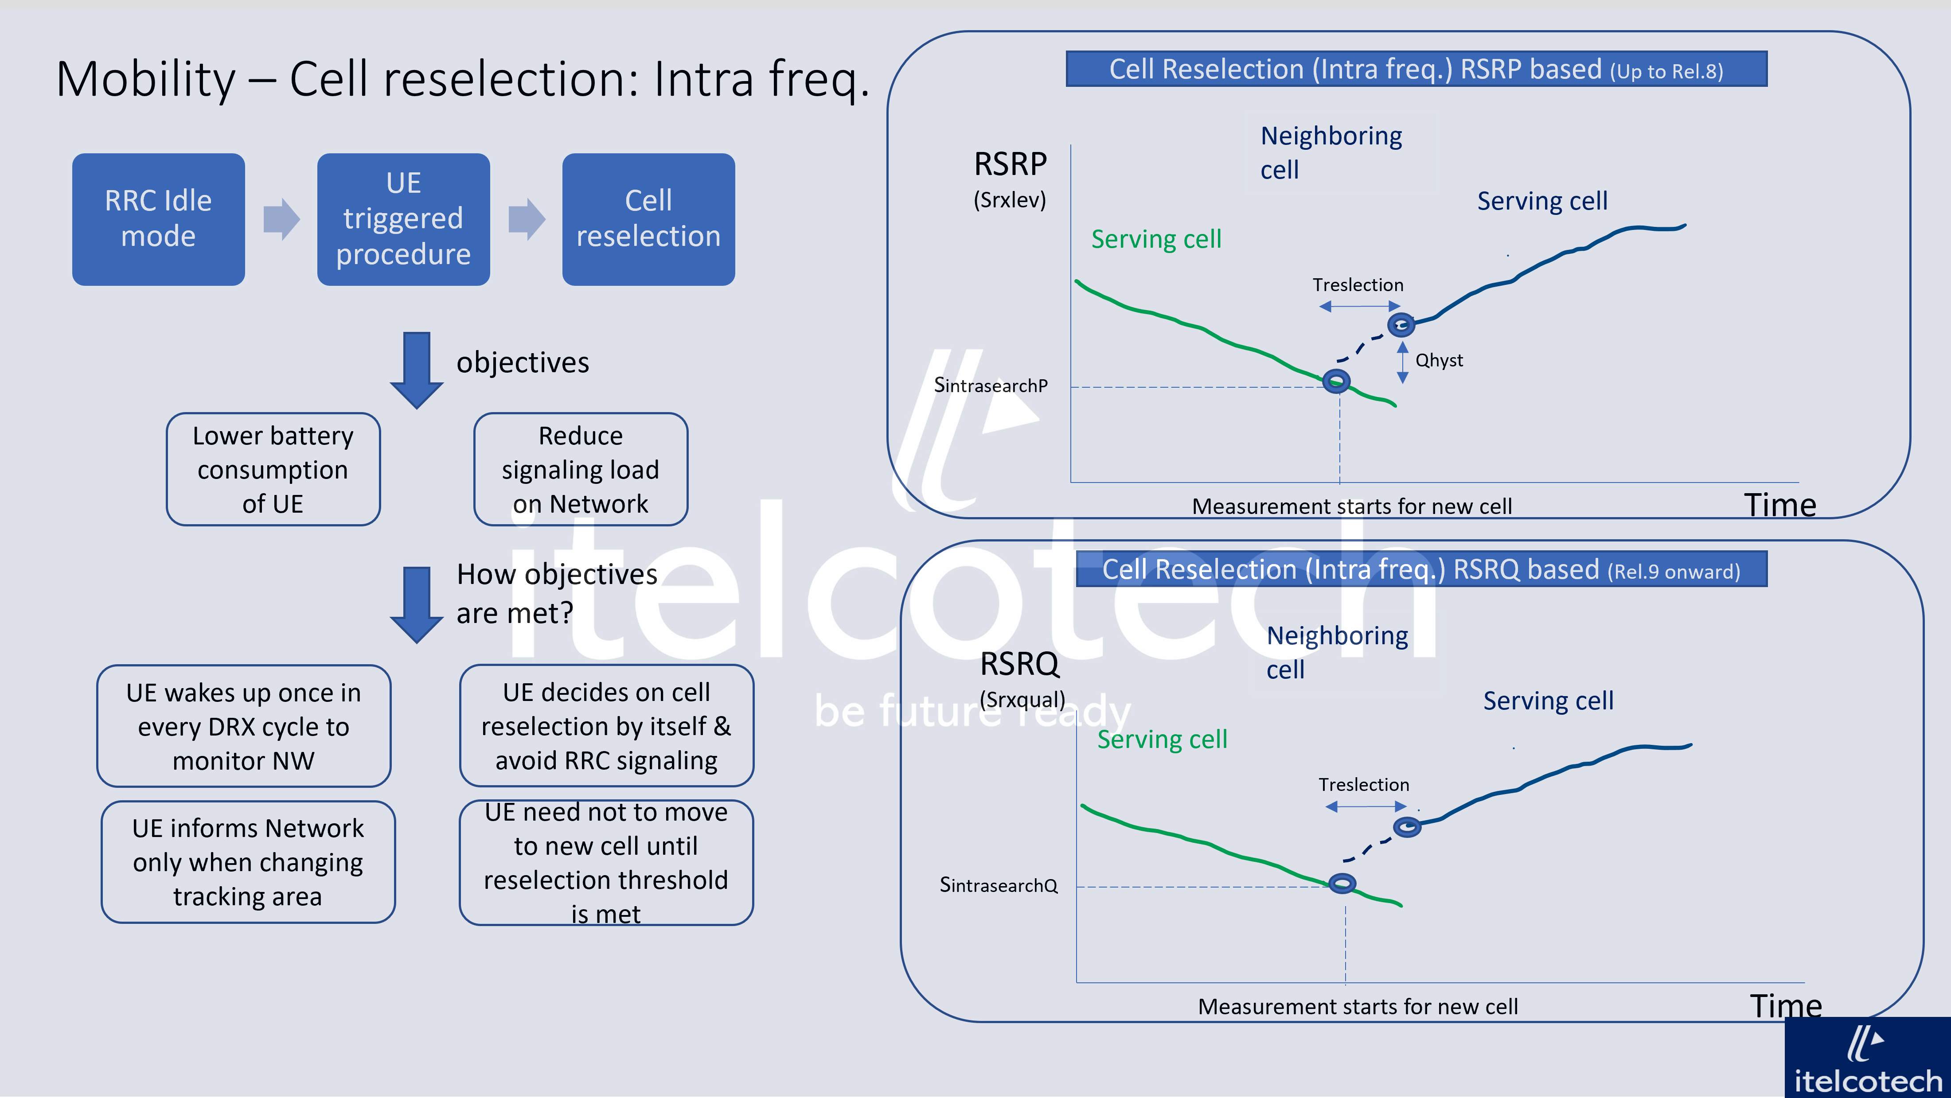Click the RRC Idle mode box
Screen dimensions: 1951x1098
point(158,219)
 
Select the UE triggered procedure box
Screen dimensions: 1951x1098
point(403,219)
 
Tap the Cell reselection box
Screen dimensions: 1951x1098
point(648,219)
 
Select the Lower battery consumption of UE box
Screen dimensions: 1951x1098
point(273,470)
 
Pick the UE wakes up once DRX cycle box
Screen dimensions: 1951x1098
point(243,726)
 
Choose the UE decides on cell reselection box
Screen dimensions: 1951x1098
point(606,726)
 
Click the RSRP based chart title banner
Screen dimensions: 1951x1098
point(1416,70)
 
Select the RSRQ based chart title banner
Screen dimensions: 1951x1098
point(1421,569)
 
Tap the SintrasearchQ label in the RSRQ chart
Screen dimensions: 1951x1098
point(998,885)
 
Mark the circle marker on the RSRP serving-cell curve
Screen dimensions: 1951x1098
point(1336,381)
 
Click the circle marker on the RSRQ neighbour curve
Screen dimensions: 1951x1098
point(1406,827)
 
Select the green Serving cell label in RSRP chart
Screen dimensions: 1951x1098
point(1156,239)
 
